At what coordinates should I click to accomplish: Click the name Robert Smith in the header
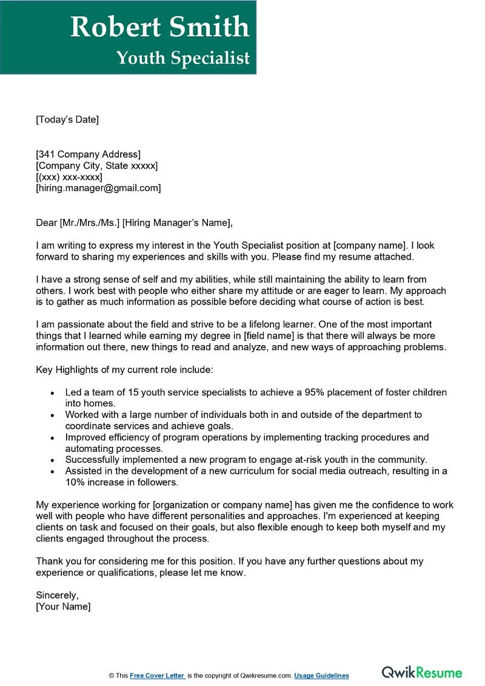coord(159,27)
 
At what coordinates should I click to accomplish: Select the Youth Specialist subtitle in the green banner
coord(183,58)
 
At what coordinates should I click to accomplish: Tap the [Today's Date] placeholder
coord(67,119)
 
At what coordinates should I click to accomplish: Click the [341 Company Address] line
coord(88,154)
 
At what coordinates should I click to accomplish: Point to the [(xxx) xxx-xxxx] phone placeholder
coord(69,177)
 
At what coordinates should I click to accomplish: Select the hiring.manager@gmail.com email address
coord(98,188)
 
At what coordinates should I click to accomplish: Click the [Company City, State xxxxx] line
coord(97,166)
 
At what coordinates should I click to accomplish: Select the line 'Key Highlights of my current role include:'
coord(124,369)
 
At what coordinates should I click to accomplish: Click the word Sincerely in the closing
coord(57,595)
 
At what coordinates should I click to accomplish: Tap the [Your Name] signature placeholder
coord(63,607)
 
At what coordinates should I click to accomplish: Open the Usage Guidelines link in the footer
coord(321,676)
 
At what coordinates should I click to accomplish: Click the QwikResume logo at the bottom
coord(421,673)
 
